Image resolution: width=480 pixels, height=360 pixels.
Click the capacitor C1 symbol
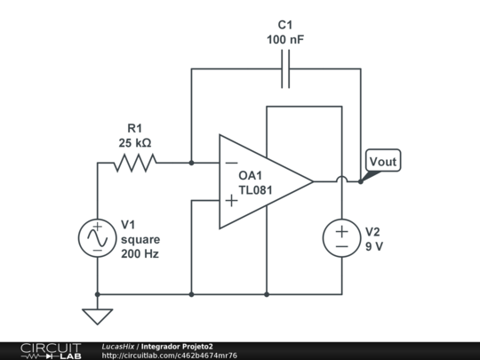click(x=285, y=68)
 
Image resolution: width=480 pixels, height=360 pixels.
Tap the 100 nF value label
click(x=284, y=40)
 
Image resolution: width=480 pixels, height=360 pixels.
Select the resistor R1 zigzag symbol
click(x=134, y=163)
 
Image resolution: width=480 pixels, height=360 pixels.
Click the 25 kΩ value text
click(x=134, y=142)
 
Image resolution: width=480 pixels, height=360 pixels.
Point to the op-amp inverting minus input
click(x=231, y=163)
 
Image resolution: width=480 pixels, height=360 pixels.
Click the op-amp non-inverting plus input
click(x=231, y=201)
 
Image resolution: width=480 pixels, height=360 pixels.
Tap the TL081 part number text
click(x=255, y=189)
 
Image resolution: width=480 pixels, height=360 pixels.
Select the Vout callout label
click(x=383, y=162)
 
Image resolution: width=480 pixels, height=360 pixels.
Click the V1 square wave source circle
click(x=97, y=238)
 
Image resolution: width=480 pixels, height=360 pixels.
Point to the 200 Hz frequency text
click(x=140, y=254)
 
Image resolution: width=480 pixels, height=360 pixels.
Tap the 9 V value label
click(x=373, y=246)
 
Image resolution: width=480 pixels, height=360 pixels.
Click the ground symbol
click(x=97, y=314)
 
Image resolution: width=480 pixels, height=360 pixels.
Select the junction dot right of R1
click(x=191, y=163)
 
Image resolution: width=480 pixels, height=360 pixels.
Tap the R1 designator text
click(x=134, y=127)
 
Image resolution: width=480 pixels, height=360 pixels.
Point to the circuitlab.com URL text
click(x=169, y=356)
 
